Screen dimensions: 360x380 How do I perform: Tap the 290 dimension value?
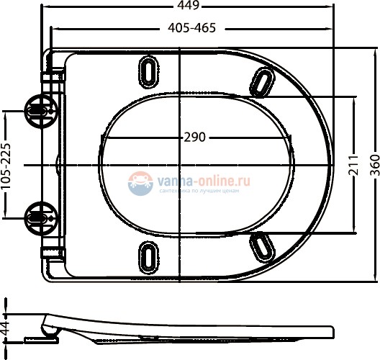click(195, 137)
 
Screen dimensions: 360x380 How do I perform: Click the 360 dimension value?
click(373, 166)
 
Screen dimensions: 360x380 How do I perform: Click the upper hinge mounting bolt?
click(37, 110)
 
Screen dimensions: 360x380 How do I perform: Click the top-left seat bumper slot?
click(149, 72)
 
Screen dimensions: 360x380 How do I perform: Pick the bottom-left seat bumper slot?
click(149, 256)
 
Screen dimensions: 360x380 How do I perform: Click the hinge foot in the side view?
click(37, 339)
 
